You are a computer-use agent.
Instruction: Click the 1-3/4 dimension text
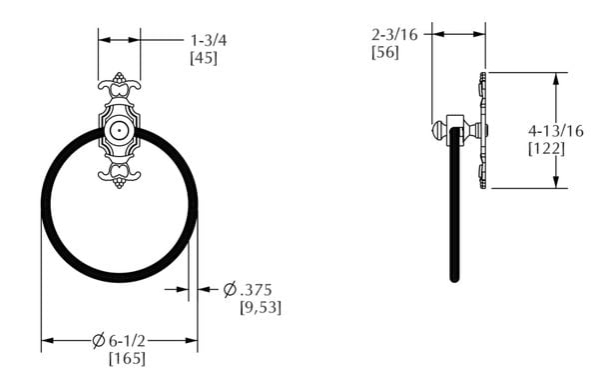coord(209,40)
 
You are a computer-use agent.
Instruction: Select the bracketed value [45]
coord(205,58)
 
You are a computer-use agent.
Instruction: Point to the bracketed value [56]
coord(384,52)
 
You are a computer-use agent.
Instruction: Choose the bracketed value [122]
coord(546,148)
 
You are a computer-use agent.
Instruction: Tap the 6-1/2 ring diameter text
coord(129,340)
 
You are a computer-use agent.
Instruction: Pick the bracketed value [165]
coord(122,358)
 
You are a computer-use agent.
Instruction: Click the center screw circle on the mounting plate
coord(120,131)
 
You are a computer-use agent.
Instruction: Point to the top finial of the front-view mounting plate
coord(120,78)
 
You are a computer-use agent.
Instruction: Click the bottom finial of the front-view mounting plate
coord(120,184)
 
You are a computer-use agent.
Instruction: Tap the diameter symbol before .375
coord(230,289)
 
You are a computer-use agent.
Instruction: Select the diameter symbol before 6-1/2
coord(98,340)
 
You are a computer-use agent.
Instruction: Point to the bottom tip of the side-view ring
coord(456,276)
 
